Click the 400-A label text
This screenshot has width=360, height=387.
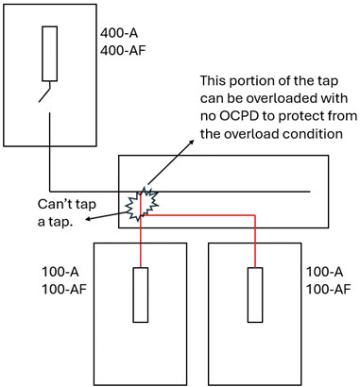[120, 31]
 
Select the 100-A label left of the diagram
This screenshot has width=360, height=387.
[60, 273]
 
